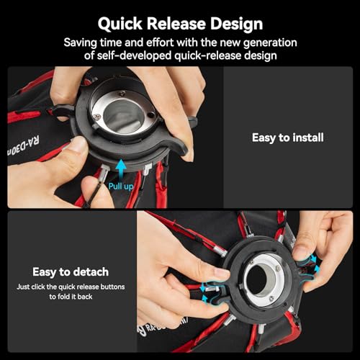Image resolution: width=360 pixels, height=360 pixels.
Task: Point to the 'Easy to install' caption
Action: tap(287, 137)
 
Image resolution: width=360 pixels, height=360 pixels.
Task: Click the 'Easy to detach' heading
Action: tap(70, 272)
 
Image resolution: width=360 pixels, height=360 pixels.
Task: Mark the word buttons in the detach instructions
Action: tap(113, 287)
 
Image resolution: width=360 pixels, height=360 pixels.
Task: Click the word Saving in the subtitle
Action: tap(80, 42)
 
